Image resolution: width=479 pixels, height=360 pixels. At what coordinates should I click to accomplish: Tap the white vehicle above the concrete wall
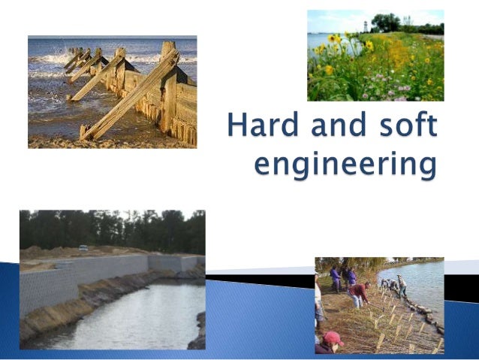pos(83,248)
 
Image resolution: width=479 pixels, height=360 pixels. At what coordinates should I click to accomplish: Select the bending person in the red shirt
pos(360,293)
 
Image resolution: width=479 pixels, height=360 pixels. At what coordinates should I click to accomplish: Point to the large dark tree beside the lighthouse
pos(386,23)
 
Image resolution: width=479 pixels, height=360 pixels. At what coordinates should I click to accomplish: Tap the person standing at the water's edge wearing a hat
pos(402,285)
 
